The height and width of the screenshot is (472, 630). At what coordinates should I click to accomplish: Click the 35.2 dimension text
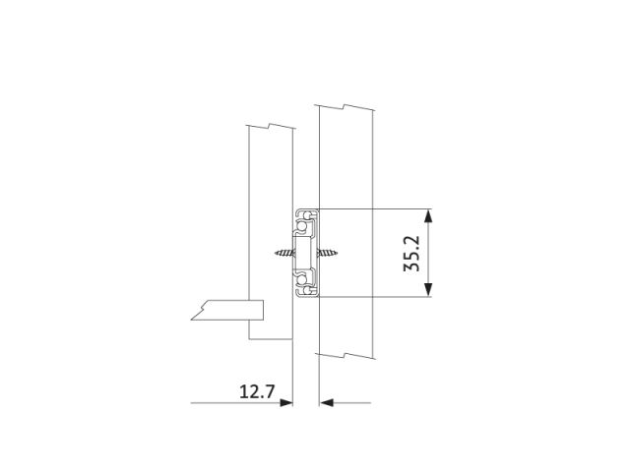point(411,254)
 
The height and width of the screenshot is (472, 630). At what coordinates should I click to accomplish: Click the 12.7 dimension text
point(257,391)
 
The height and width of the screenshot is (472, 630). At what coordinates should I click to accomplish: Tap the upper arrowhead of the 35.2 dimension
point(429,215)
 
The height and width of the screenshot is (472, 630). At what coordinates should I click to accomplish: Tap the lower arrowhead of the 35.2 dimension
point(429,290)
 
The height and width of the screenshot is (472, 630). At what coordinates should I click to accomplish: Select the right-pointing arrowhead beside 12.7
point(286,402)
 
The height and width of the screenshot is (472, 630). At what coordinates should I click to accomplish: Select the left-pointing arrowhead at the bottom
point(326,402)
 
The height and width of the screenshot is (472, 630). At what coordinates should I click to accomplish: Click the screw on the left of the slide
point(284,253)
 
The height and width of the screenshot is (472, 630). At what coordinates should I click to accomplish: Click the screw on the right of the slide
point(327,253)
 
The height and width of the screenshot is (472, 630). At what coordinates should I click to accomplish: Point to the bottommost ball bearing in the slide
point(307,290)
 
